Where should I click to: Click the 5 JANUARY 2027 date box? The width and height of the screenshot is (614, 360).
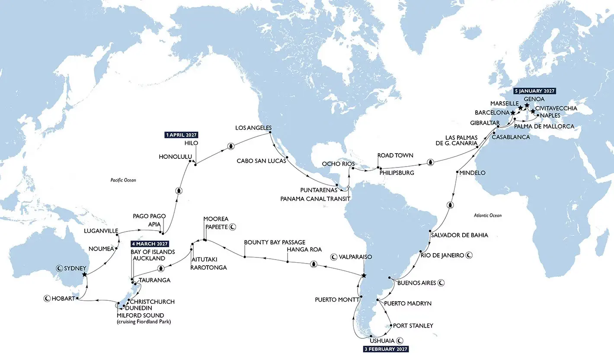(534, 91)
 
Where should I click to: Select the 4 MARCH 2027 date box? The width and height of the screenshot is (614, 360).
(149, 244)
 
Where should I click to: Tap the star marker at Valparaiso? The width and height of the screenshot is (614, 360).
(364, 276)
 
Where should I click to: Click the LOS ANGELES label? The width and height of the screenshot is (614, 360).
(253, 128)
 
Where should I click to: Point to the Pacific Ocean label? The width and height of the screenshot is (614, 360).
(123, 180)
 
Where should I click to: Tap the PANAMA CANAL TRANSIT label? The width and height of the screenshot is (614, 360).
(315, 198)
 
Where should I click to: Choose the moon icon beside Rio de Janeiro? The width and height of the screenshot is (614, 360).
(469, 255)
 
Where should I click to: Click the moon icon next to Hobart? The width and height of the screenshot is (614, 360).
(46, 298)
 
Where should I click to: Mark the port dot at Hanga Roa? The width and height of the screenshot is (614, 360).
(287, 261)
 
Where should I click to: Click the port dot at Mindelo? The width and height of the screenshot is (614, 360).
(457, 173)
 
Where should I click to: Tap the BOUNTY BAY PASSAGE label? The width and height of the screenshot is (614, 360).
(275, 242)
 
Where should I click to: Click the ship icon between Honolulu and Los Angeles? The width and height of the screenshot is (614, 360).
(231, 146)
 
